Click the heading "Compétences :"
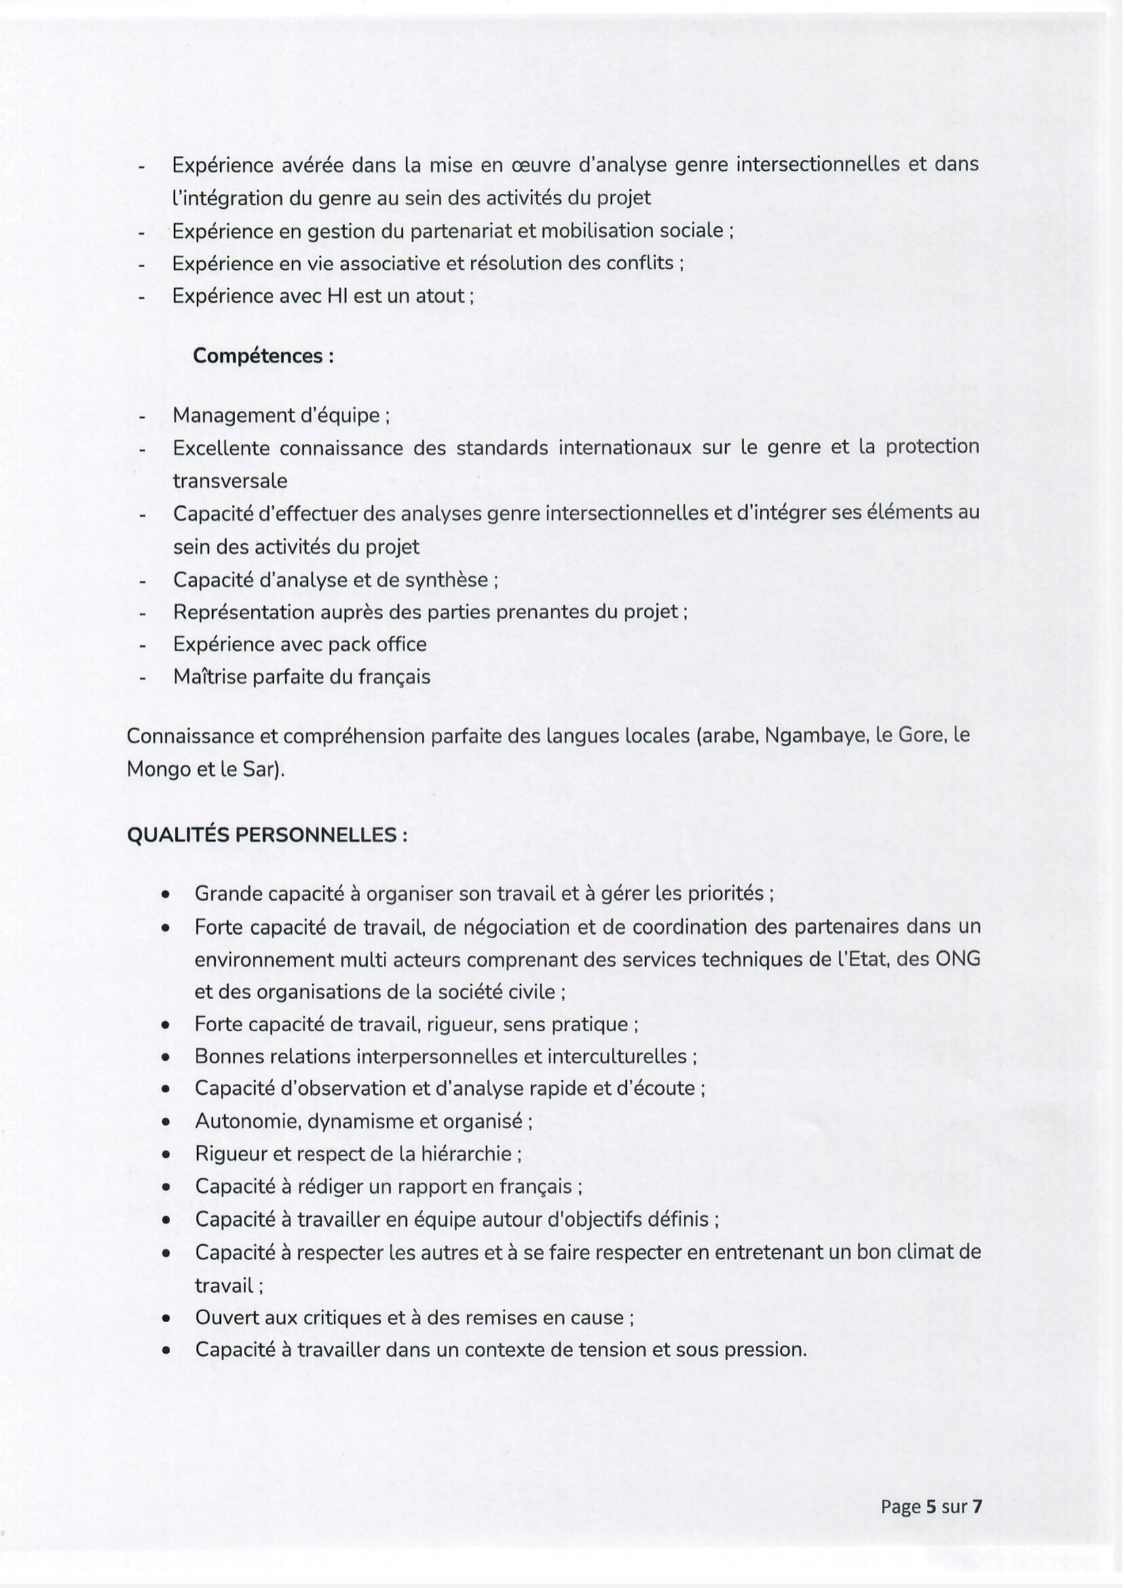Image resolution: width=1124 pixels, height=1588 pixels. tap(263, 356)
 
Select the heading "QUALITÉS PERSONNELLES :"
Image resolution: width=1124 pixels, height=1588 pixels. tap(267, 835)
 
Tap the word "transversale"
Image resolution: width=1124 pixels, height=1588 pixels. tap(230, 481)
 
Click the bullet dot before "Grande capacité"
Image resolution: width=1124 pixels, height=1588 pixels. tap(166, 895)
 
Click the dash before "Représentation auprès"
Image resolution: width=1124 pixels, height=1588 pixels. tap(143, 613)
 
